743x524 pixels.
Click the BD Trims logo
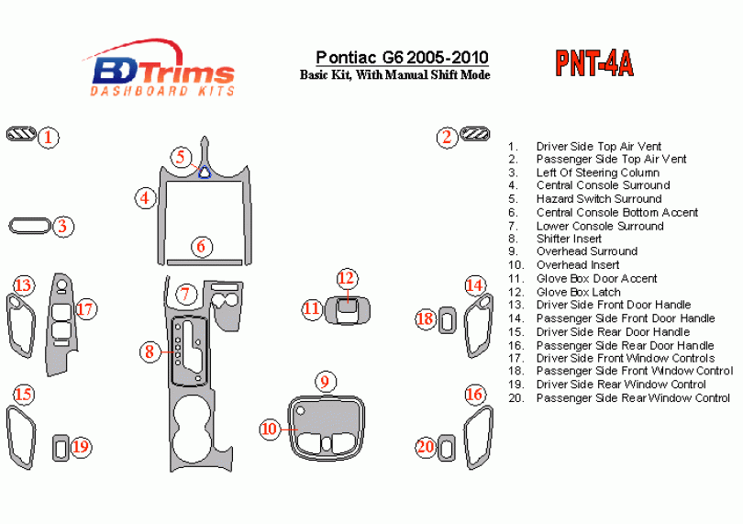tap(162, 69)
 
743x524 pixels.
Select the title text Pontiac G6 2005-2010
tap(402, 58)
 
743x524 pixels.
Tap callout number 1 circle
tap(49, 138)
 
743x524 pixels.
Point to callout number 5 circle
tap(182, 156)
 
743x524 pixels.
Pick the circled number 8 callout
tap(149, 351)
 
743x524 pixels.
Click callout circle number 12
tap(346, 277)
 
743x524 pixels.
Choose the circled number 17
tap(85, 308)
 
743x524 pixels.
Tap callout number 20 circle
tap(425, 447)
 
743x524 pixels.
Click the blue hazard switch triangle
tap(205, 171)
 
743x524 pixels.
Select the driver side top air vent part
tap(20, 137)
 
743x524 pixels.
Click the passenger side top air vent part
tap(476, 136)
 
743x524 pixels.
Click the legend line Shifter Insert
tap(569, 239)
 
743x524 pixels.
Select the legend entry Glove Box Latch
tap(578, 292)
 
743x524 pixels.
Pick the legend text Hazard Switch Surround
tap(598, 198)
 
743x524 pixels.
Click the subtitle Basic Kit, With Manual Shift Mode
tap(394, 75)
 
